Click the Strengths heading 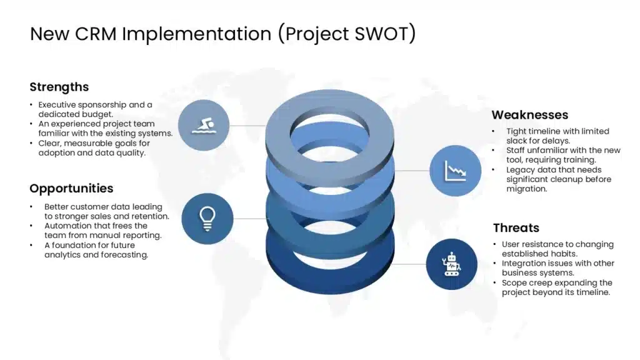(59, 87)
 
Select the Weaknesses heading (530, 115)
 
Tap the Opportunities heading (71, 189)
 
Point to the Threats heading (516, 227)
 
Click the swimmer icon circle (204, 125)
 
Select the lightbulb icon (207, 219)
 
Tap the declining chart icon (455, 171)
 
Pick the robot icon (451, 264)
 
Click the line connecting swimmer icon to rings (247, 125)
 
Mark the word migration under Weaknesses (526, 189)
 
